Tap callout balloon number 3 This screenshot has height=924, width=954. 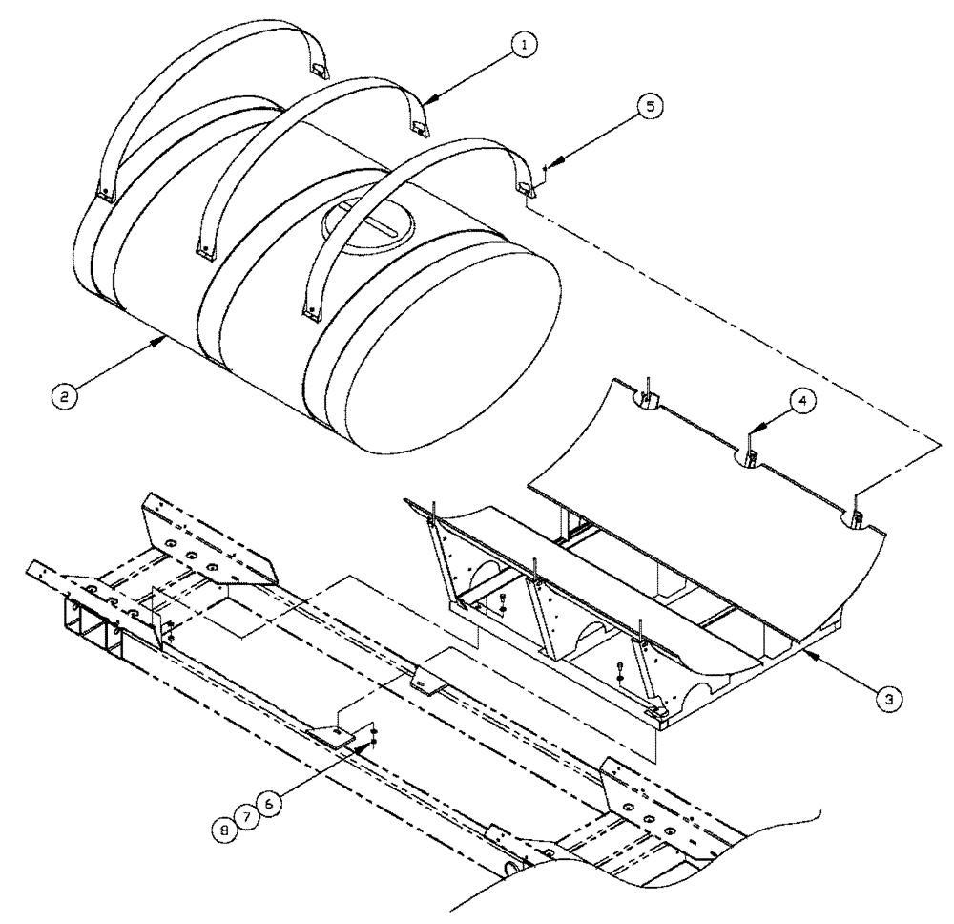(x=888, y=698)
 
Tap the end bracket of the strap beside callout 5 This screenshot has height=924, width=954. (x=527, y=187)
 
